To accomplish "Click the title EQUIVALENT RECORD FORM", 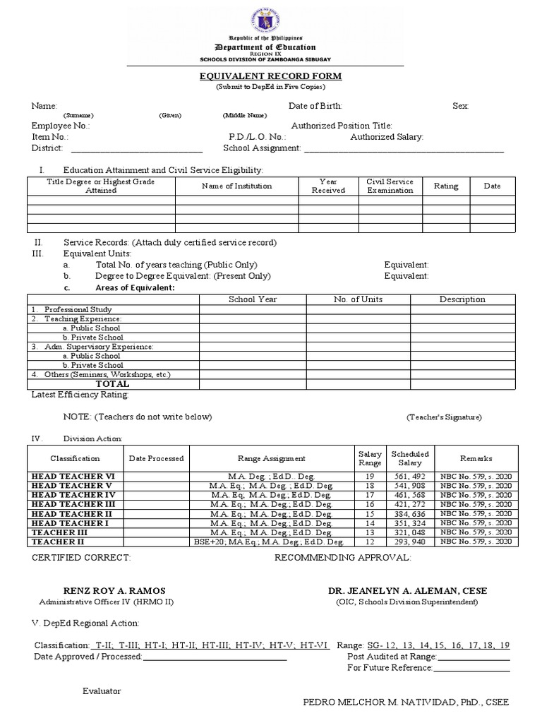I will pyautogui.click(x=271, y=76).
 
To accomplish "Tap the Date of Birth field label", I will pyautogui.click(x=315, y=106).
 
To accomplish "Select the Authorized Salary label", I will pyautogui.click(x=387, y=137).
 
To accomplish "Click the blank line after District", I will pyautogui.click(x=137, y=148).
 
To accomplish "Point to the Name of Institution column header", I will pyautogui.click(x=236, y=186).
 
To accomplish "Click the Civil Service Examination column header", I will pyautogui.click(x=390, y=186).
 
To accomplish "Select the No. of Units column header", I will pyautogui.click(x=358, y=299).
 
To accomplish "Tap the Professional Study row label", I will pyautogui.click(x=78, y=310).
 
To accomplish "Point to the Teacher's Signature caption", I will pyautogui.click(x=444, y=417).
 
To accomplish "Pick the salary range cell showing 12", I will pyautogui.click(x=370, y=542).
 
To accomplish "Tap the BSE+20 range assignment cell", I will pyautogui.click(x=269, y=542).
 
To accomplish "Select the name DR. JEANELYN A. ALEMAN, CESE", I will pyautogui.click(x=407, y=590).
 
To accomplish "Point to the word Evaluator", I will pyautogui.click(x=102, y=691).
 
